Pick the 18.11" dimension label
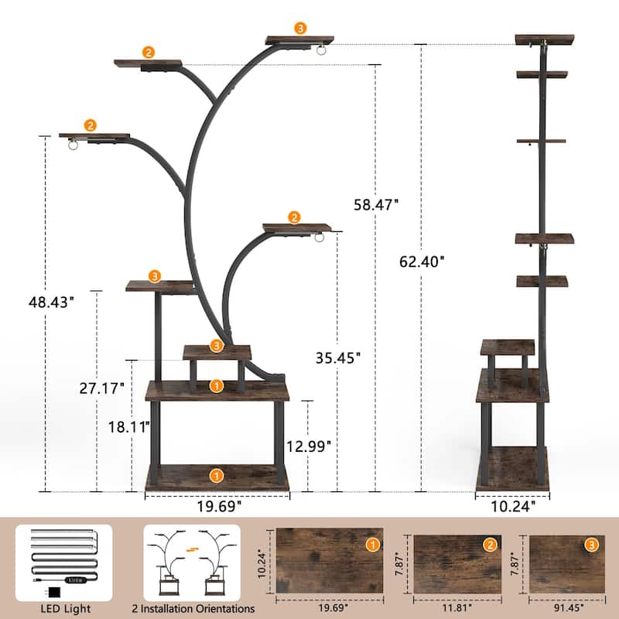127,426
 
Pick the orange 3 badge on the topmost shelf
300,28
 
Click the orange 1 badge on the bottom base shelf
217,474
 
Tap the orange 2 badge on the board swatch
490,545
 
